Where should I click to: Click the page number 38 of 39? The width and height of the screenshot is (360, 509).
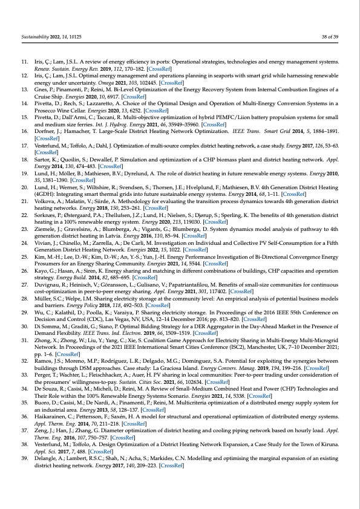pyautogui.click(x=331, y=37)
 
